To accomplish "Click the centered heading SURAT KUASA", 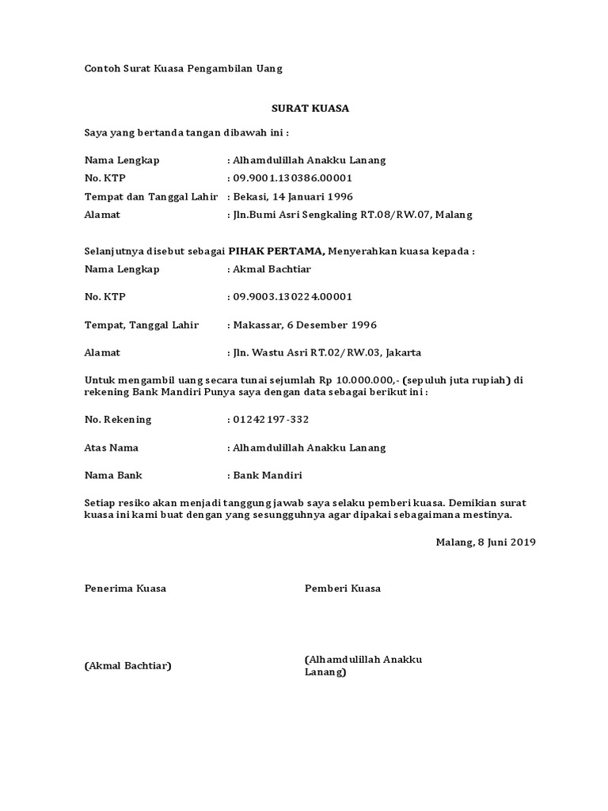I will [305, 108].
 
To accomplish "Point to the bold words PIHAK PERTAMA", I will [276, 251].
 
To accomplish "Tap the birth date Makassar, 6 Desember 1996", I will [304, 325].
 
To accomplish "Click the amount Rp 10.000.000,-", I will [350, 380].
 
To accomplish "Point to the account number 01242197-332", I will [269, 420].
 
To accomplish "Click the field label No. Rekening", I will [118, 420].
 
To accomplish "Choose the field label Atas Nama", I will [112, 447].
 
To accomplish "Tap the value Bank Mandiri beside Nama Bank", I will [267, 476].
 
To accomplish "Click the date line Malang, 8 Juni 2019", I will [485, 543].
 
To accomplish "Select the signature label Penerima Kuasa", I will [125, 588].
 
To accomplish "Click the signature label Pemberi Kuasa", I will [343, 588].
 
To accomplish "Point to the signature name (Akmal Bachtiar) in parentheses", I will [128, 665].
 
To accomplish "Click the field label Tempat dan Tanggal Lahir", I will [150, 196].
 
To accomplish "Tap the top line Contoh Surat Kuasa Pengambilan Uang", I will [184, 69].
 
